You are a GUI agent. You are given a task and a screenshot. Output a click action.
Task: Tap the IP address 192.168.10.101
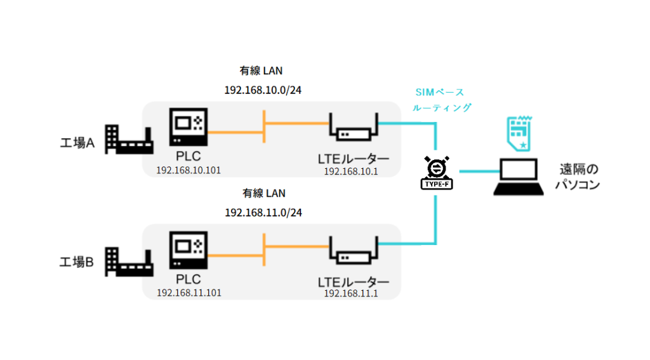pyautogui.click(x=189, y=170)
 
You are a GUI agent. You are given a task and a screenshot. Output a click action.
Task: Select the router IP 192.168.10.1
pyautogui.click(x=350, y=171)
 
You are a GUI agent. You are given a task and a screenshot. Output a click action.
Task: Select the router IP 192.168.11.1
pyautogui.click(x=350, y=293)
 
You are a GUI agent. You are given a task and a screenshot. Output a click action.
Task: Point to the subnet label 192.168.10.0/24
pyautogui.click(x=263, y=90)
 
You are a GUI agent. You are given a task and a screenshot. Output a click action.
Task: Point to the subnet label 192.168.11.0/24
pyautogui.click(x=263, y=212)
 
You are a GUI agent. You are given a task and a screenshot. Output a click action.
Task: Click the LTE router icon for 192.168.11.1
pyautogui.click(x=354, y=252)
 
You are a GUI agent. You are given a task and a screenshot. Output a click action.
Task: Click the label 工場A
pyautogui.click(x=77, y=143)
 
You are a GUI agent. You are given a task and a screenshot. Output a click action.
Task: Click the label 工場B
pyautogui.click(x=77, y=262)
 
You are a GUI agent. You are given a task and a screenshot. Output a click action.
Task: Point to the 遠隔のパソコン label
pyautogui.click(x=578, y=177)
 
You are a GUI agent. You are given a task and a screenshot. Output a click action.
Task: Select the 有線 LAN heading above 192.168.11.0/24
pyautogui.click(x=262, y=192)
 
